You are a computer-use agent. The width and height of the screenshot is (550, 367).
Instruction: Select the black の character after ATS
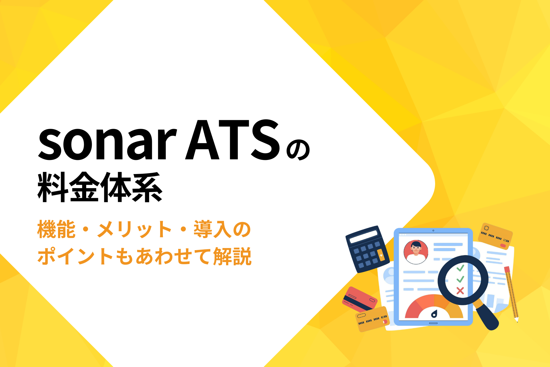[298, 150]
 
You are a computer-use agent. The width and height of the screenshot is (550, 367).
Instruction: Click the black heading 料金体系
[100, 187]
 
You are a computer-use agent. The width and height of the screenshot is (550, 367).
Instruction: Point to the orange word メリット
[134, 229]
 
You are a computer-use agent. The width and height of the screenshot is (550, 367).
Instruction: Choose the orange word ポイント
[75, 256]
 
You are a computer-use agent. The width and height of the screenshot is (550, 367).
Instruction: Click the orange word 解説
[232, 256]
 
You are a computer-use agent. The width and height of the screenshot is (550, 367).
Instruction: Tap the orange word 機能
[56, 229]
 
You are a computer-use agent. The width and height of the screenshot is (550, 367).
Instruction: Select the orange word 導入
[213, 229]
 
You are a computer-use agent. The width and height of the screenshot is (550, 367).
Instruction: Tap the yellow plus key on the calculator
[381, 255]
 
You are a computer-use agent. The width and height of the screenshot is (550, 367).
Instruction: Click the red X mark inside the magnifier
[460, 291]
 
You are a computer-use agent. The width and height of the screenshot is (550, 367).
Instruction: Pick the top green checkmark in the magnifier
[460, 268]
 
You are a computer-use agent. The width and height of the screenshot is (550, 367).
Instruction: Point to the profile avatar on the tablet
[416, 252]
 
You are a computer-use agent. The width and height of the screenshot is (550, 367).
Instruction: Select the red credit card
[360, 299]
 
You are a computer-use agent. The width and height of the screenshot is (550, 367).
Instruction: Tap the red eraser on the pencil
[507, 269]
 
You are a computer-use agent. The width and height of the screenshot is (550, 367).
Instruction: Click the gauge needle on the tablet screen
[434, 314]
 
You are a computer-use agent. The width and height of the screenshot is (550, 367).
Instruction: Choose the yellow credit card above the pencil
[495, 236]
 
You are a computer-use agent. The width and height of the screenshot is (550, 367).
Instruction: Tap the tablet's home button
[433, 323]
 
